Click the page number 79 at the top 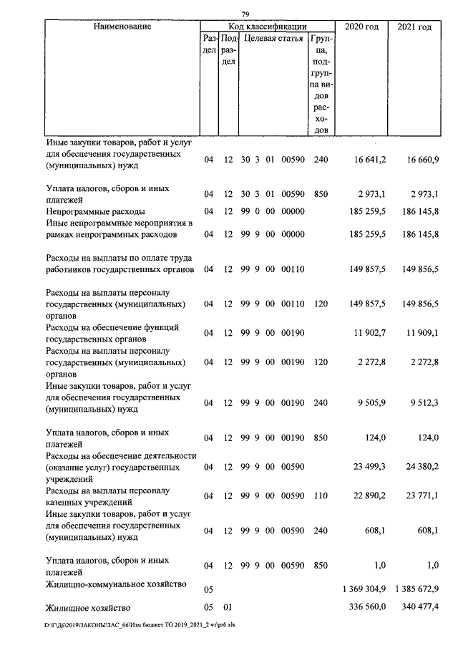pyautogui.click(x=245, y=14)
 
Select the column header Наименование pyautogui.click(x=122, y=26)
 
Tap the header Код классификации pyautogui.click(x=266, y=26)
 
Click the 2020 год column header pyautogui.click(x=361, y=26)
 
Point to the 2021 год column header pyautogui.click(x=414, y=26)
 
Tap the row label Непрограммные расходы pyautogui.click(x=95, y=212)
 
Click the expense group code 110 pyautogui.click(x=321, y=495)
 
